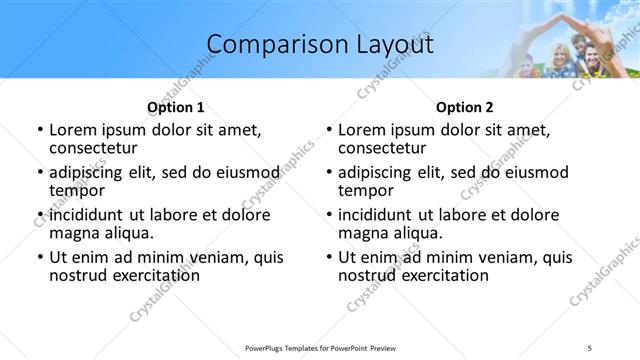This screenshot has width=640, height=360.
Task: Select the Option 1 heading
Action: (x=176, y=107)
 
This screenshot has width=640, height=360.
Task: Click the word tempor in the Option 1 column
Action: (x=77, y=191)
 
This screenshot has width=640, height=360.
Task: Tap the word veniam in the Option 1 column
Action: (x=215, y=257)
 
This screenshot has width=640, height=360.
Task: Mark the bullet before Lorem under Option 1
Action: (x=39, y=131)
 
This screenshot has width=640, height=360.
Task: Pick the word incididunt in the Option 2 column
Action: (x=381, y=215)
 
